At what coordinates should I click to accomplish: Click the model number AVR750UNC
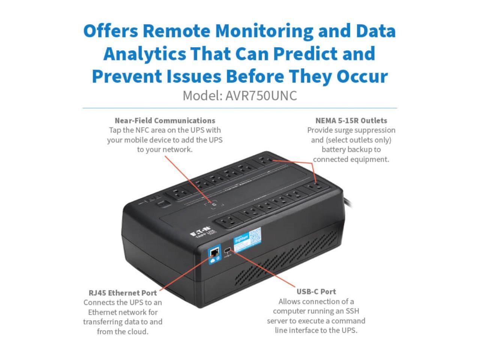tap(261, 96)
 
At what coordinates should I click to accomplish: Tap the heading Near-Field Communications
tap(165, 121)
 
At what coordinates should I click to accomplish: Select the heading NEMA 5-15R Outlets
tap(351, 121)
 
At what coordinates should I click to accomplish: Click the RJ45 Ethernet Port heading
tap(123, 293)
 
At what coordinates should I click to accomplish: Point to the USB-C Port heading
tap(316, 292)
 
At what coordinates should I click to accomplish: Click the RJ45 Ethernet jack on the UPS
tap(215, 252)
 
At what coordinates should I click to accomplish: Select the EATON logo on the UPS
tap(199, 234)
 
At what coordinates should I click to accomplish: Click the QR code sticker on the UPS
tap(255, 235)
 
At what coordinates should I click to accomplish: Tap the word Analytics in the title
tap(144, 54)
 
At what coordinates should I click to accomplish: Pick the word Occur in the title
tap(362, 76)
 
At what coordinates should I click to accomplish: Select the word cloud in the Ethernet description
tap(135, 331)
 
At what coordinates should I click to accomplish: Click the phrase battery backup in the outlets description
tap(351, 150)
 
